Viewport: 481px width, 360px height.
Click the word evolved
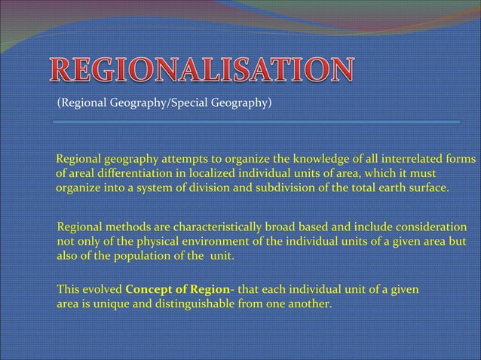(x=100, y=289)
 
